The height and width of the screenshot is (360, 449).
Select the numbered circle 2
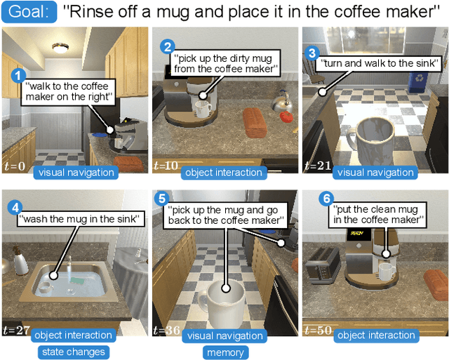click(x=167, y=47)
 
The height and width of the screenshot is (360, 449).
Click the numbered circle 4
click(x=14, y=207)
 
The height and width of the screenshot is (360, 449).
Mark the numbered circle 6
click(x=326, y=199)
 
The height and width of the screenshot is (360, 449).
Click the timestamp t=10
click(x=166, y=166)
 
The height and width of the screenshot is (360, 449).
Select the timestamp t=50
click(x=316, y=329)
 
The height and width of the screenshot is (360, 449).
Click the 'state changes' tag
click(x=73, y=352)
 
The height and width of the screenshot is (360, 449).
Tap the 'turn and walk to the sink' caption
click(x=366, y=62)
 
